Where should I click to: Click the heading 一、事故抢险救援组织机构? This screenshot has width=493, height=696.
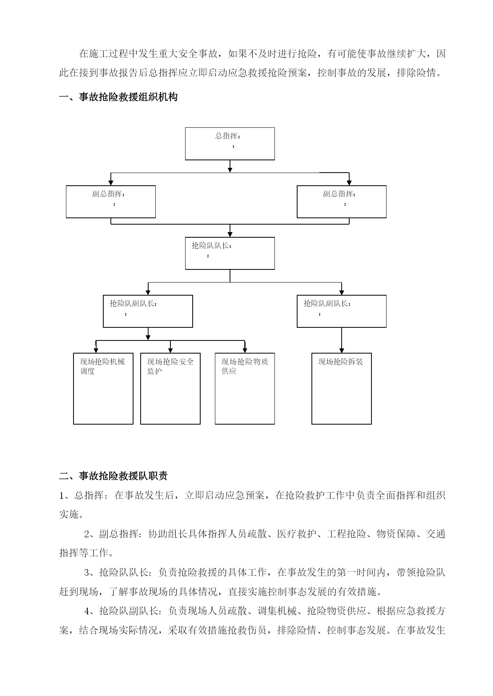(118, 97)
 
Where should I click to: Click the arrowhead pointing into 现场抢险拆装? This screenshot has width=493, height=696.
(342, 350)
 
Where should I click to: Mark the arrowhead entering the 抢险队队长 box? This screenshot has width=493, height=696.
(230, 234)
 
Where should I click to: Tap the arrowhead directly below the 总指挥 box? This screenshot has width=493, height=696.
(230, 169)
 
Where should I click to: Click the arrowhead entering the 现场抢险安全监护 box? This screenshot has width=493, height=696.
(170, 350)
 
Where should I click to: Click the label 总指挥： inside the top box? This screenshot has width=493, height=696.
(228, 136)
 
